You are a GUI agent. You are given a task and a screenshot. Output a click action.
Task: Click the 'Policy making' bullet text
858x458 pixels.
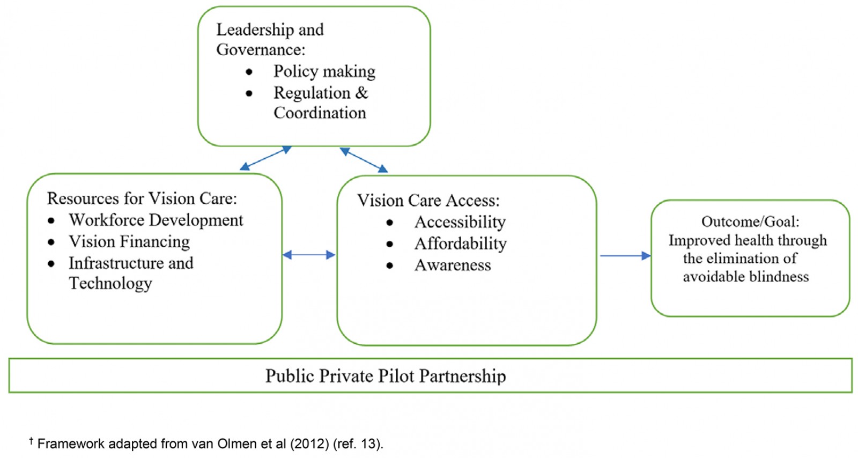(324, 71)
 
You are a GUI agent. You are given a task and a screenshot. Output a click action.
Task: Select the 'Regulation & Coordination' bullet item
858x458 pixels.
(320, 102)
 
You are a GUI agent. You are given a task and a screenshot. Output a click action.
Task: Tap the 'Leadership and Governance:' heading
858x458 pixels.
(270, 39)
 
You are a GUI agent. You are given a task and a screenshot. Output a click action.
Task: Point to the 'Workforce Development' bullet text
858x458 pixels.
(156, 220)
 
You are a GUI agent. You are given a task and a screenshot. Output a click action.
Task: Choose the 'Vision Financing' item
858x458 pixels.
(129, 241)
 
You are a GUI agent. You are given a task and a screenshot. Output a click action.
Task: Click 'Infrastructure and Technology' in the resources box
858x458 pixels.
(130, 273)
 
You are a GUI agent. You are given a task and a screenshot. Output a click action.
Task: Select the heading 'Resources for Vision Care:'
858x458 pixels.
(142, 198)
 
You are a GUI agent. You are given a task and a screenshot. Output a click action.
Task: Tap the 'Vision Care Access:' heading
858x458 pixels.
(428, 201)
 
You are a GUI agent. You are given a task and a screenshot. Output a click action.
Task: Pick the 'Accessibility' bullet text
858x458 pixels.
(460, 222)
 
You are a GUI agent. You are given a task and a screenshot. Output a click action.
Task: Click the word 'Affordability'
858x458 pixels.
(460, 243)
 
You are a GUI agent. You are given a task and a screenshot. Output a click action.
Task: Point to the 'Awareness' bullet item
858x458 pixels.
(453, 265)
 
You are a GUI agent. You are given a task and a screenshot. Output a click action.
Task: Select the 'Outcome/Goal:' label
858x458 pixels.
(750, 221)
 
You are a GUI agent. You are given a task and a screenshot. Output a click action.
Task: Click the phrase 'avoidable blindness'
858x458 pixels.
(745, 277)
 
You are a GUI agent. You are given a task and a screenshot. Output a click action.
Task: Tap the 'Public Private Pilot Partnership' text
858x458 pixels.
(385, 376)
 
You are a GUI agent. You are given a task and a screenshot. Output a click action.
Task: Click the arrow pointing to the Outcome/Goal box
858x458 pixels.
(625, 256)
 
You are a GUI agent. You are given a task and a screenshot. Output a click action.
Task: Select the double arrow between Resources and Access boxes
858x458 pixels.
(309, 255)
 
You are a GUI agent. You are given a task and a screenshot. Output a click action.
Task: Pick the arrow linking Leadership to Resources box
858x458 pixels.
(265, 158)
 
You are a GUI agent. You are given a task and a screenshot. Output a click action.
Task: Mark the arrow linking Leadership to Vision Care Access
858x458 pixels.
(364, 160)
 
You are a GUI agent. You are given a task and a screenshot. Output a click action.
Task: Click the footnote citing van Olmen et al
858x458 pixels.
(206, 444)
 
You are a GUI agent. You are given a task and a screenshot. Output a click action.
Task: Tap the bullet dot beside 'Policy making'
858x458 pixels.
(249, 72)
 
